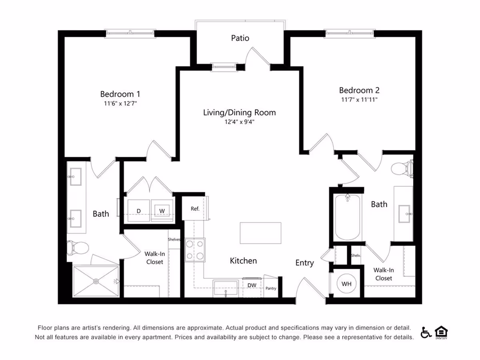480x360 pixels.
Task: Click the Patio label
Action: [x=240, y=38]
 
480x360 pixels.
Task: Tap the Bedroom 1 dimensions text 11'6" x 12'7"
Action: [x=120, y=103]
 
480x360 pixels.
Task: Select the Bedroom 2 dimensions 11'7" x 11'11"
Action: [x=358, y=99]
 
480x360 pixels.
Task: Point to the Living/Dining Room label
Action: [x=239, y=112]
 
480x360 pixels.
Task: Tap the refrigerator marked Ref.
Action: [x=195, y=209]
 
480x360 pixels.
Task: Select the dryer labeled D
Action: [x=139, y=210]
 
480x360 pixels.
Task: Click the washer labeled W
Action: [x=162, y=210]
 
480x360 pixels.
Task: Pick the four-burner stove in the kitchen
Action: [x=195, y=250]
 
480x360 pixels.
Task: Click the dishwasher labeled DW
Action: [x=252, y=285]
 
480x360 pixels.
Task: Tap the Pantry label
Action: [x=271, y=288]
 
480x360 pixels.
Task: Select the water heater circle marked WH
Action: [x=346, y=284]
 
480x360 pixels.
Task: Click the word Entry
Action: [x=304, y=263]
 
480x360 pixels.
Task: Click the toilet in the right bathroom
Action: [x=401, y=168]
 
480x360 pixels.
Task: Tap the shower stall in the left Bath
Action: [x=96, y=282]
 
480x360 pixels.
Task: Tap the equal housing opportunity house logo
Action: [x=441, y=332]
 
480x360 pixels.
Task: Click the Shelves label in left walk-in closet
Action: [x=174, y=240]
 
